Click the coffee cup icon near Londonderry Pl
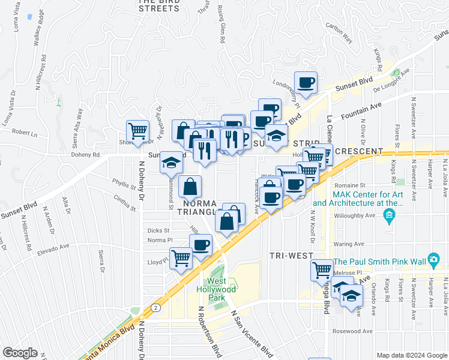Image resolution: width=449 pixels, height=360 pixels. click(306, 82)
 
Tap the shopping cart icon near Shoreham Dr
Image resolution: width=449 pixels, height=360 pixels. click(137, 131)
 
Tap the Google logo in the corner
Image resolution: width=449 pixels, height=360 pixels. click(20, 353)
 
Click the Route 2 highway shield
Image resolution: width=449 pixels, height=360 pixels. click(155, 307)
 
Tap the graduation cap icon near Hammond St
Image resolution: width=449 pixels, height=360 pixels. click(172, 163)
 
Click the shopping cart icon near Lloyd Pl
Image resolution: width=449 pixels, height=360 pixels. click(181, 259)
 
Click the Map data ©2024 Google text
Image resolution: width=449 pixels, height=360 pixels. click(411, 355)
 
